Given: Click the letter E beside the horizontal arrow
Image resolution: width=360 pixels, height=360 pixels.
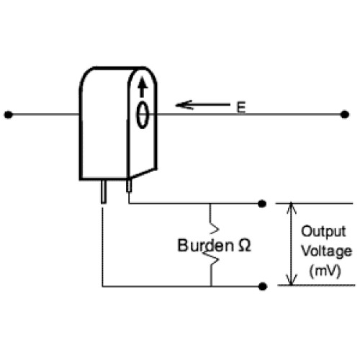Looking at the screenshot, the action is click(x=241, y=107).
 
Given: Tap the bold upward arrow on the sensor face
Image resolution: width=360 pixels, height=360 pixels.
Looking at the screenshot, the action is click(x=143, y=87).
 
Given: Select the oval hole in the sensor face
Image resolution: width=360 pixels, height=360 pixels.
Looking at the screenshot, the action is click(x=143, y=114).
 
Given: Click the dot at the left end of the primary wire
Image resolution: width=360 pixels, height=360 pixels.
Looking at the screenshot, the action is click(x=8, y=114).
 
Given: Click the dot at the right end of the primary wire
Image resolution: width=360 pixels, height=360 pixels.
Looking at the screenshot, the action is click(x=345, y=114).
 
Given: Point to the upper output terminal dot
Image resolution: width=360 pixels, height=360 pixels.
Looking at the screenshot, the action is click(x=262, y=204).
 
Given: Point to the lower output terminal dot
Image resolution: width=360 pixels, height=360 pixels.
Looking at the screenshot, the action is click(x=263, y=287).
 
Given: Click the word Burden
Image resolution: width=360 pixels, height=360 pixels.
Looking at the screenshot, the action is click(x=205, y=246).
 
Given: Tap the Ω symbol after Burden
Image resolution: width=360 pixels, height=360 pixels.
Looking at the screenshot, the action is click(x=245, y=246).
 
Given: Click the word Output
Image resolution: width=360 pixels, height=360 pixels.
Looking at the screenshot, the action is click(x=323, y=232).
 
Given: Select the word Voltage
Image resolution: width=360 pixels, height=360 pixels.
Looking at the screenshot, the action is click(x=326, y=252).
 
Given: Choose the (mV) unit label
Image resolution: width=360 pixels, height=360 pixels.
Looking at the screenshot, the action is click(x=325, y=271).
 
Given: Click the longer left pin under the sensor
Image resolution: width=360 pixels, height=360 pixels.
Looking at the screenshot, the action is click(x=104, y=192).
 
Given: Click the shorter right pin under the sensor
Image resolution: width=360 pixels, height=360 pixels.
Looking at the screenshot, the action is click(x=129, y=186).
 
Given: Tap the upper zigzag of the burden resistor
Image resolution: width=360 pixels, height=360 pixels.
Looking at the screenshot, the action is click(x=214, y=228).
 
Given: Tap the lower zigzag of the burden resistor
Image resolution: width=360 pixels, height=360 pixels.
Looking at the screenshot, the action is click(x=214, y=258).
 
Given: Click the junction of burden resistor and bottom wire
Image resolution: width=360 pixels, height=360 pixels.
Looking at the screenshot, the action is click(x=211, y=287).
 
